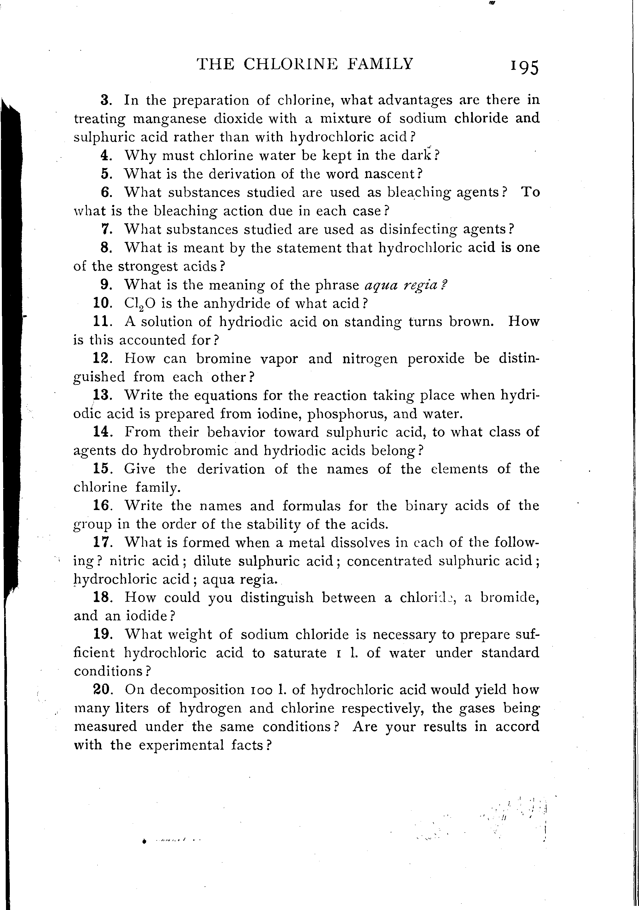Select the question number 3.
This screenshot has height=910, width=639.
[105, 100]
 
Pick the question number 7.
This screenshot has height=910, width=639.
[105, 229]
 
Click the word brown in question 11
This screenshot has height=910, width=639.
[471, 322]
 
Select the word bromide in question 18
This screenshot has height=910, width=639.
[509, 598]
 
